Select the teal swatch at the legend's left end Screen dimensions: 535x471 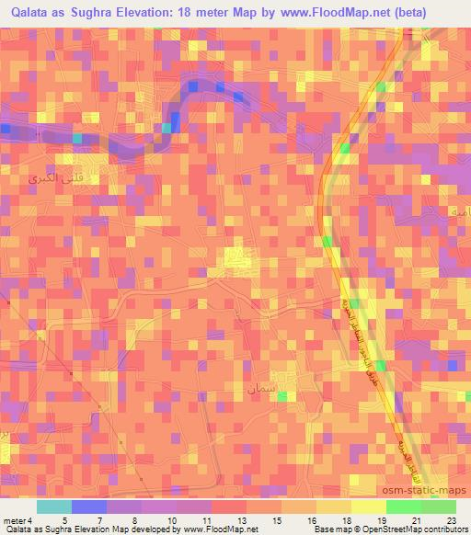[x=53, y=507]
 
